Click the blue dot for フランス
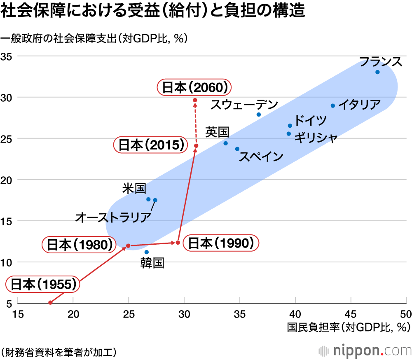pyautogui.click(x=377, y=72)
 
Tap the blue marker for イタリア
pyautogui.click(x=333, y=105)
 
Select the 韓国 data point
pyautogui.click(x=147, y=252)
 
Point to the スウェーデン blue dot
pyautogui.click(x=259, y=115)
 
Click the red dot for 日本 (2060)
pyautogui.click(x=195, y=100)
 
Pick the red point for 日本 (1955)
pyautogui.click(x=50, y=302)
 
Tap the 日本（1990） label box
pyautogui.click(x=220, y=243)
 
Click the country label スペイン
pyautogui.click(x=261, y=157)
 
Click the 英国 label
pyautogui.click(x=217, y=132)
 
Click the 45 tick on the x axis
pyautogui.click(x=351, y=313)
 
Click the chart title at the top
pyautogui.click(x=153, y=11)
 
